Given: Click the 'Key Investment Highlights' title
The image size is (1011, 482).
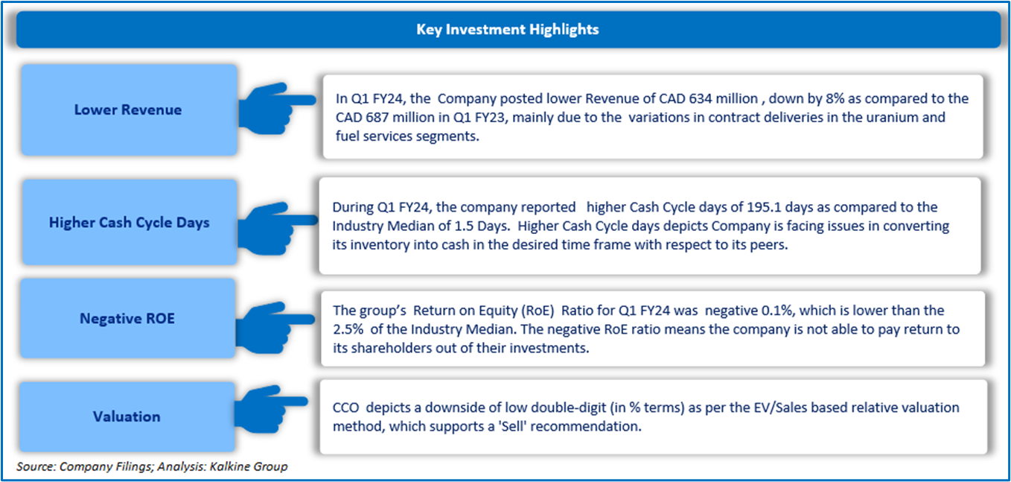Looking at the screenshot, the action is (507, 29).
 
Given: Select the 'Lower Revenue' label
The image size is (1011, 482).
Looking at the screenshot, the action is (128, 110).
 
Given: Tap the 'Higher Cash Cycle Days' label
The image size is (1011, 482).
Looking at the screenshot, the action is (130, 223).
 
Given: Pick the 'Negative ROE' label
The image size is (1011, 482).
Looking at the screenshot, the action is (127, 318).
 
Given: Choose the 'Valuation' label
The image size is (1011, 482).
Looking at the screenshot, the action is (127, 416).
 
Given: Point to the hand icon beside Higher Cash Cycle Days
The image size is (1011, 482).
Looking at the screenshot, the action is (277, 229).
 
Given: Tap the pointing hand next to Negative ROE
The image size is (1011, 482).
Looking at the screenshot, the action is (275, 328).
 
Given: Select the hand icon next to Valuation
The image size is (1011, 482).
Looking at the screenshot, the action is (271, 409).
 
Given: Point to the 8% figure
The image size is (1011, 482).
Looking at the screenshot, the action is (835, 98).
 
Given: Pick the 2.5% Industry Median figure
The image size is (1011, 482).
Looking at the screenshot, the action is (348, 329).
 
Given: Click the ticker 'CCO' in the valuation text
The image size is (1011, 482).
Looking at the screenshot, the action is (345, 408).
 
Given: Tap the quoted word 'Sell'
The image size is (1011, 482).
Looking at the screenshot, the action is (512, 426).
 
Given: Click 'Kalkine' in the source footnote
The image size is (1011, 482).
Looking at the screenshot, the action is (229, 466).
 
